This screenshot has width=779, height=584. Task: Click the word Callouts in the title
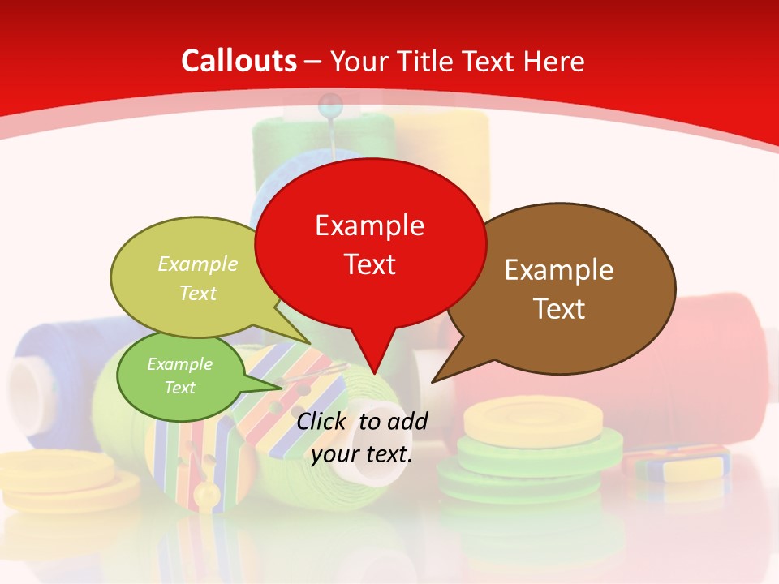[x=239, y=62]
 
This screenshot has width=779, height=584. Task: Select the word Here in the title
[x=554, y=62]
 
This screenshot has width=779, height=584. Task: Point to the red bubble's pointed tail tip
[x=374, y=374]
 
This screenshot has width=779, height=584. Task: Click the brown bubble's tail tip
[x=433, y=381]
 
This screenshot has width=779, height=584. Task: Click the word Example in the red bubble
[x=369, y=225]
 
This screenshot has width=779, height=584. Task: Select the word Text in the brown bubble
[x=559, y=309]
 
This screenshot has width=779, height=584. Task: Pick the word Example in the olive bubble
[x=198, y=264]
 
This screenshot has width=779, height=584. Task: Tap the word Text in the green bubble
[x=179, y=388]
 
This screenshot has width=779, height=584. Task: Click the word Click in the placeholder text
[x=321, y=421]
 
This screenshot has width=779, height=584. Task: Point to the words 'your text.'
[x=362, y=455]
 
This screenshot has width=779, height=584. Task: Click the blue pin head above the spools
[x=330, y=103]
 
